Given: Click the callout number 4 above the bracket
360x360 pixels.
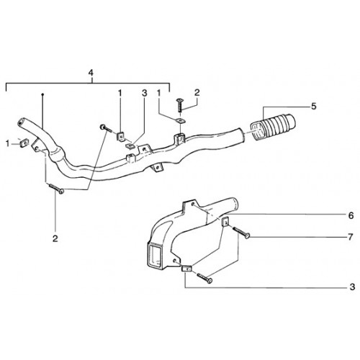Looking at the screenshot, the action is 91,73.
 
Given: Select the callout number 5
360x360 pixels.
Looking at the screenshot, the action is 314,106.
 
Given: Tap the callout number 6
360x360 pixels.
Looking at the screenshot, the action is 351,215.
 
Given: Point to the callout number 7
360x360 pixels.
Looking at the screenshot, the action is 351,237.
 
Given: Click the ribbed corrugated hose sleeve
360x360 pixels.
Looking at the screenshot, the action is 273,127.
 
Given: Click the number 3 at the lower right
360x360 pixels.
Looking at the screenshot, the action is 352,287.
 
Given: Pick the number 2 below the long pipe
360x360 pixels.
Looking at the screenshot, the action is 55,238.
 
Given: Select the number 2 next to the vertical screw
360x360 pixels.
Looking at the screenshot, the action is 197,93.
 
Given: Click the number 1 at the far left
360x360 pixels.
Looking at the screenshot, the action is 8,144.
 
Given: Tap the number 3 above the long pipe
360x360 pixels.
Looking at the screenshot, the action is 144,93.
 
